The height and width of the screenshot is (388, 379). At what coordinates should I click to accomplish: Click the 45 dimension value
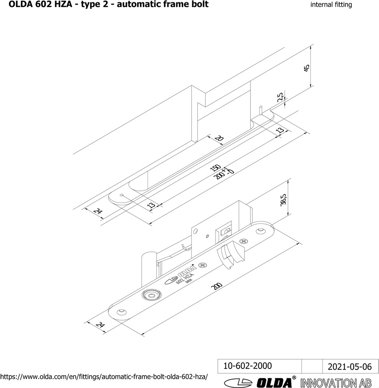[307, 68]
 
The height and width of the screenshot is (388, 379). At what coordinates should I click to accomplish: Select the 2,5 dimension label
[280, 97]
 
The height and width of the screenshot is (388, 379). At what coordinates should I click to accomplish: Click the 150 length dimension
[215, 168]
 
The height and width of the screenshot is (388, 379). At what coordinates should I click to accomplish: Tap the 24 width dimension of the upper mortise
[98, 211]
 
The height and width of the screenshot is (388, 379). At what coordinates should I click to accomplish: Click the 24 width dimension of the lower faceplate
[100, 324]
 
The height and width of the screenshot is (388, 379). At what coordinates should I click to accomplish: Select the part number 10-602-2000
[247, 366]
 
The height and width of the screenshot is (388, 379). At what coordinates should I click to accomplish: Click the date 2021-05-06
[349, 367]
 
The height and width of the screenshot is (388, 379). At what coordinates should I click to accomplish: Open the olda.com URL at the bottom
[104, 377]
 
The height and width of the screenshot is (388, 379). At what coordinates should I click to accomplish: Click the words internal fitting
[331, 5]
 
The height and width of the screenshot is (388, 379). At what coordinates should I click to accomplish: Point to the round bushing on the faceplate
[151, 294]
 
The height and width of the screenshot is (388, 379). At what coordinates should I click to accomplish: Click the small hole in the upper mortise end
[121, 195]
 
